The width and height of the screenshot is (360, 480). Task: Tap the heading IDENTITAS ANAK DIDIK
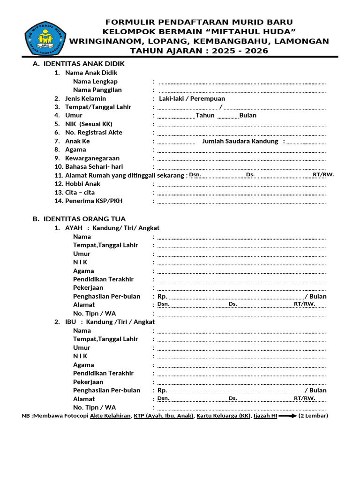(84, 64)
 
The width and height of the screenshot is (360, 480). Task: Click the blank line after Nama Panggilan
(242, 90)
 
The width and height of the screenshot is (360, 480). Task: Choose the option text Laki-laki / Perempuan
(192, 98)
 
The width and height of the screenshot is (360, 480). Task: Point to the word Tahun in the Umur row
(205, 115)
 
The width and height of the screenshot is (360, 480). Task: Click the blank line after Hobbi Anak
(242, 184)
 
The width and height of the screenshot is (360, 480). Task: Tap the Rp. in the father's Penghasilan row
(162, 296)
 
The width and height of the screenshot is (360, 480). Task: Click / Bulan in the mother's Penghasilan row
(315, 390)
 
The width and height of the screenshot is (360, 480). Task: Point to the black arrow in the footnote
(287, 416)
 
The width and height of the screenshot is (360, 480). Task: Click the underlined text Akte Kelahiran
(110, 416)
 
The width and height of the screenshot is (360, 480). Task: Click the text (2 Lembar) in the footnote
(313, 416)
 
